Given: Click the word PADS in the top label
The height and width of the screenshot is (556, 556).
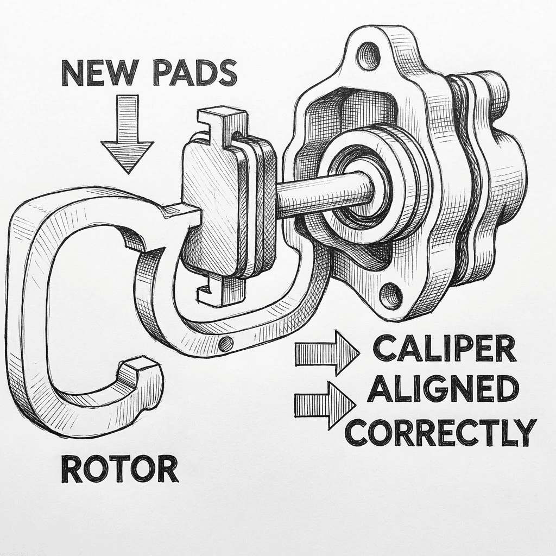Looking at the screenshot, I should click(194, 73).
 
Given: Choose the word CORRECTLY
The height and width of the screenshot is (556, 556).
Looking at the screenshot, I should click(441, 432).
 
